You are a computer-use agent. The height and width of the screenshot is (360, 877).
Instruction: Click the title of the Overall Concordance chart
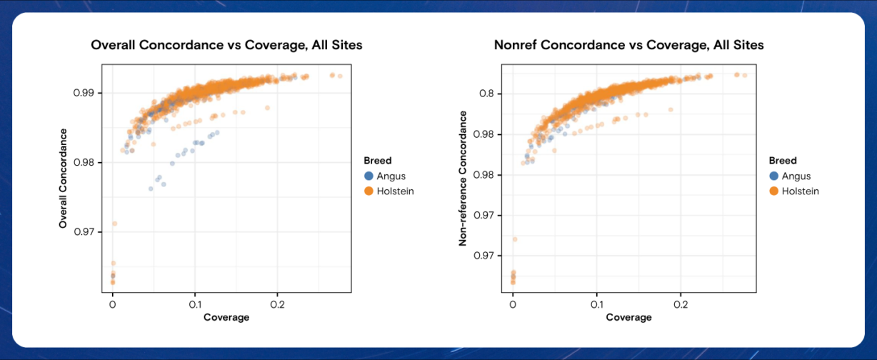tap(226, 45)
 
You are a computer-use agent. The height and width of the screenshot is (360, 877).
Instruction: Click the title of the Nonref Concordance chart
tap(628, 45)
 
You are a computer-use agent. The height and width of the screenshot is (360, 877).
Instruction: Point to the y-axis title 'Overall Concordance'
tap(63, 179)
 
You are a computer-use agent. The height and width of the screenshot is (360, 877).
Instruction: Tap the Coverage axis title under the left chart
tap(226, 317)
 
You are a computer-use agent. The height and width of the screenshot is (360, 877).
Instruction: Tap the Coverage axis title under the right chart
tap(628, 317)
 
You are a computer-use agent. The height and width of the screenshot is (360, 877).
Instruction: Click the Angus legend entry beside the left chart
tap(385, 176)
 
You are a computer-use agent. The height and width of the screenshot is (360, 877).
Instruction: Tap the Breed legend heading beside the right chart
tap(783, 161)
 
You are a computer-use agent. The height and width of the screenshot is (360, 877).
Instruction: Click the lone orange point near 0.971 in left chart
tap(114, 224)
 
